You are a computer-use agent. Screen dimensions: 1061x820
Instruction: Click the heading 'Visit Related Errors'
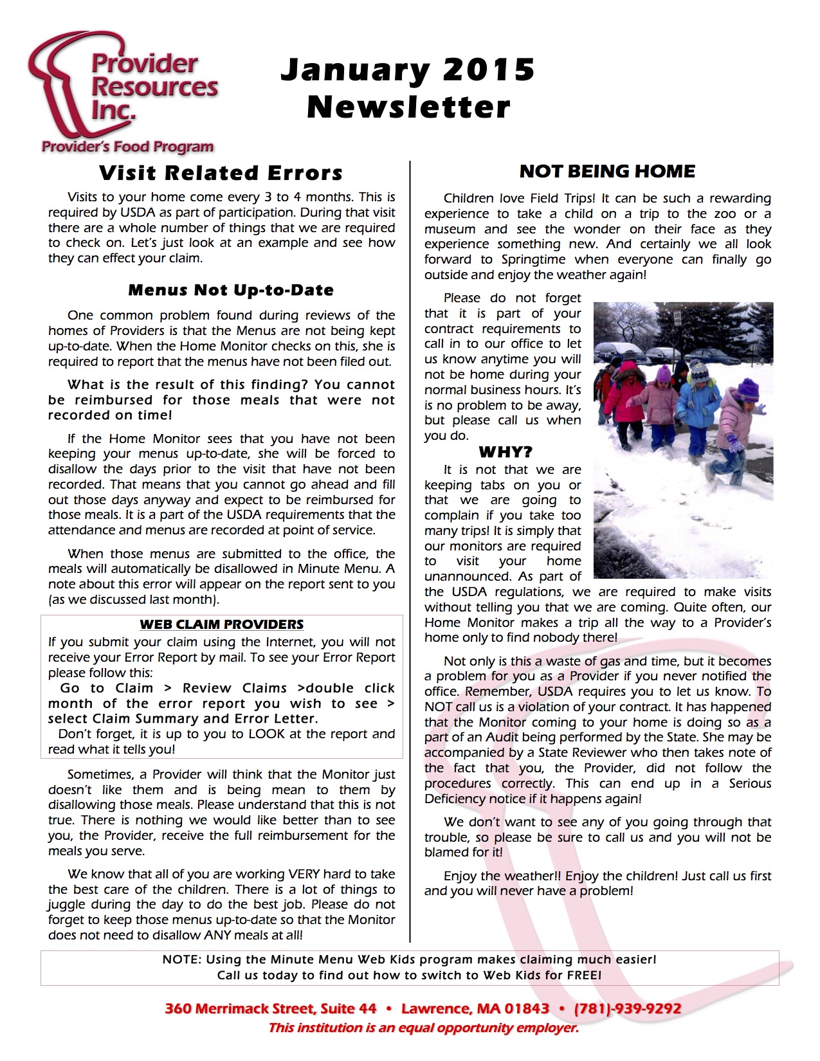[221, 173]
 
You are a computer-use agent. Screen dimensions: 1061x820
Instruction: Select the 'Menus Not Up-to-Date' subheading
[231, 290]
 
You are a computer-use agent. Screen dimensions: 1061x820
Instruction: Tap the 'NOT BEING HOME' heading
[607, 171]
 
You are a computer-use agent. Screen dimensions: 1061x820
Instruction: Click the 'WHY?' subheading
[506, 452]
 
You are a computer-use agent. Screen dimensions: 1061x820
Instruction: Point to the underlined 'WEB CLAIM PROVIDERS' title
[221, 624]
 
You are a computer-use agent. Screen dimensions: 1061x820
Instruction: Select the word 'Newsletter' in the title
[408, 107]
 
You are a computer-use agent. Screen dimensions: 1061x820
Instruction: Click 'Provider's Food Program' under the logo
[127, 147]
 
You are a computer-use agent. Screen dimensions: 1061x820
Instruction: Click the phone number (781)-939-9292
[628, 1008]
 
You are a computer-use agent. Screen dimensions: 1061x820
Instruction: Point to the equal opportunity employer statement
[423, 1028]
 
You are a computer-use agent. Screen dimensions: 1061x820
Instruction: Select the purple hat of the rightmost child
[748, 390]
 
